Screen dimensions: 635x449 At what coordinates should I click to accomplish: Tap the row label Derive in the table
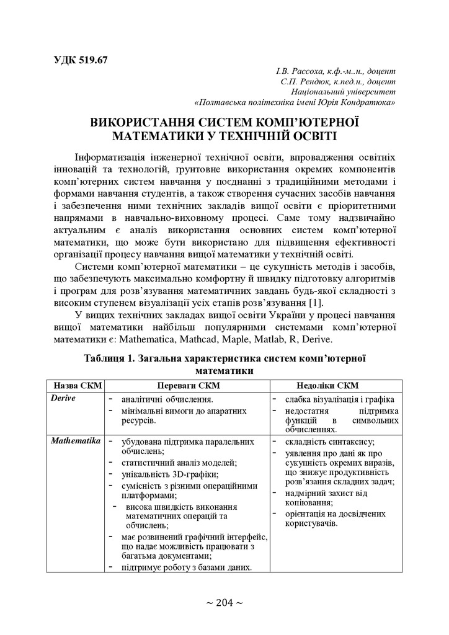coord(64,398)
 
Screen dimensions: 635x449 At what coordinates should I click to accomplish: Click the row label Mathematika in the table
coord(76,441)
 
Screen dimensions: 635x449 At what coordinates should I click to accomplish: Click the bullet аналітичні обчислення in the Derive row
coord(167,399)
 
